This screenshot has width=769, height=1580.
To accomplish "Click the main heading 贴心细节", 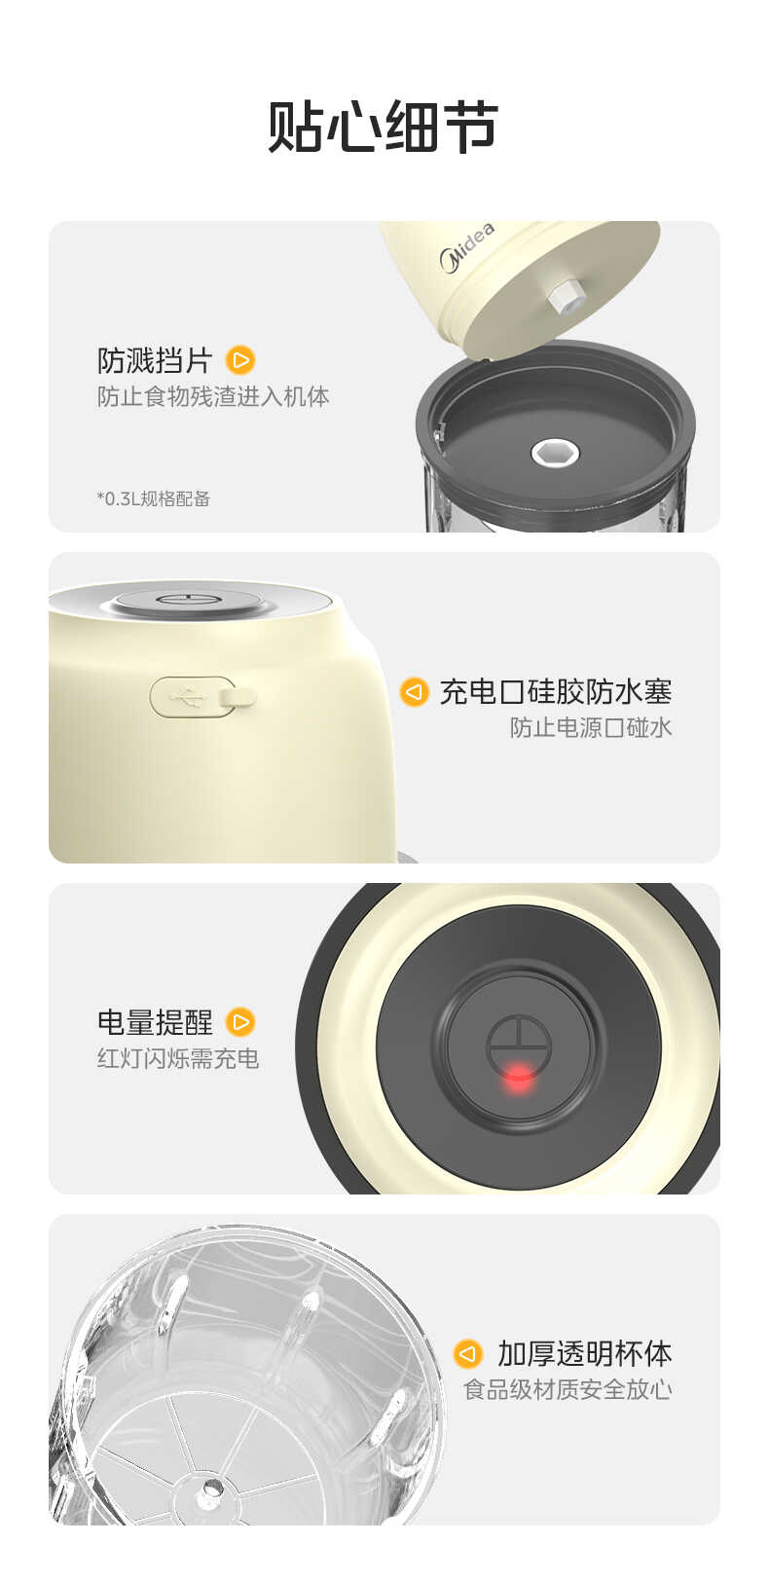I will click(383, 128).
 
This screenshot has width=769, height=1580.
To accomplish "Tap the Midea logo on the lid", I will click(467, 248).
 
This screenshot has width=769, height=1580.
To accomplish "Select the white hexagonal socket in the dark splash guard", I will click(555, 452).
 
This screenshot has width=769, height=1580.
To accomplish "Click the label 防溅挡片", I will click(155, 360).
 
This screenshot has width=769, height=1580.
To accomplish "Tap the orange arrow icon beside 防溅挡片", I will click(239, 360).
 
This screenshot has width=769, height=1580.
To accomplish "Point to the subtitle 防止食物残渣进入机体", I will click(213, 397).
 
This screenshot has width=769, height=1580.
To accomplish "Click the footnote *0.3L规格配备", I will click(154, 498).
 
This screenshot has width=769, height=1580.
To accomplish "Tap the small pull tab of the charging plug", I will click(238, 696).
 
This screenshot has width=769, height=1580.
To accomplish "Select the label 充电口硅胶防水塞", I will click(555, 692).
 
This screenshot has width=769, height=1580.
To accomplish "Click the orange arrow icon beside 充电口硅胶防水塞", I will click(415, 692).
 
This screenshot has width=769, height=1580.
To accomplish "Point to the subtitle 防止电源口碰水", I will click(591, 728).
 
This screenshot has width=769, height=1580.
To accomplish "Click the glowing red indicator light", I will click(519, 1076).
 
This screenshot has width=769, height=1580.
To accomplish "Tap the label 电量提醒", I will click(155, 1022).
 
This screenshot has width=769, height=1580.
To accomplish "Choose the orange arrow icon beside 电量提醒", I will click(239, 1022).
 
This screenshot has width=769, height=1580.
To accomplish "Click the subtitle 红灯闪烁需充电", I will click(178, 1059).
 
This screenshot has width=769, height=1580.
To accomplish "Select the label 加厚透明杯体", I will click(584, 1353).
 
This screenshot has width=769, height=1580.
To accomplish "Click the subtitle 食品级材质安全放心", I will click(568, 1390).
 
